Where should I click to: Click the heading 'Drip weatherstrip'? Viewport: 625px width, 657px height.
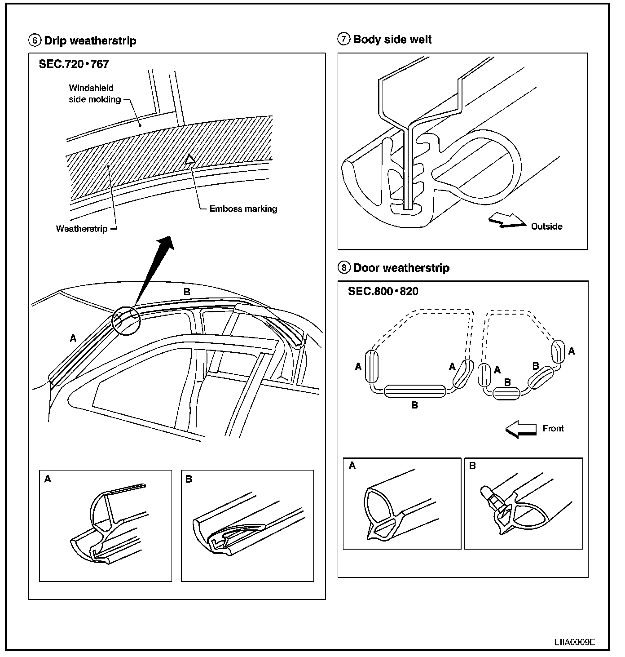(90, 41)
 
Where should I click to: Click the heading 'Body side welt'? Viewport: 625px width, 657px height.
(392, 40)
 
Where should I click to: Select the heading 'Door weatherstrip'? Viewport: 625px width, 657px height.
(401, 268)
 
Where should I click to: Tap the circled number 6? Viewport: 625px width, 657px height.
(34, 41)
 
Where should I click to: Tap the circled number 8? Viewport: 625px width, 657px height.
(343, 268)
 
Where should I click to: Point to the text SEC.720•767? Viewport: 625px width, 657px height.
(74, 64)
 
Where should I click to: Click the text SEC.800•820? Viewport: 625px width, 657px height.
(383, 292)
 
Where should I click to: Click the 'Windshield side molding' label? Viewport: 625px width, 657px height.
(94, 93)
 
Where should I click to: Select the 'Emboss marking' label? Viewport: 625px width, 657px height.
(243, 209)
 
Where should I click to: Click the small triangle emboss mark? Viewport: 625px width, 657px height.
(190, 159)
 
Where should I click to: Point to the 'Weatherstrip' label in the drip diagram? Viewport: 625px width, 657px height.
(82, 229)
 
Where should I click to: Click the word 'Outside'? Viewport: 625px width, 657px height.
(546, 226)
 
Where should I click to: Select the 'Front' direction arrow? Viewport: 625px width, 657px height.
(521, 430)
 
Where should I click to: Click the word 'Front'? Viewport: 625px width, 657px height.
(553, 429)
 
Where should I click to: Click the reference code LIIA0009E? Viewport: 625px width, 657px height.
(574, 642)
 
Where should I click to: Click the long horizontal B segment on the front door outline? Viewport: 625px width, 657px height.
(414, 391)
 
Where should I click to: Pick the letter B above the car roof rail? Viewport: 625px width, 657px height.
(187, 292)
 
